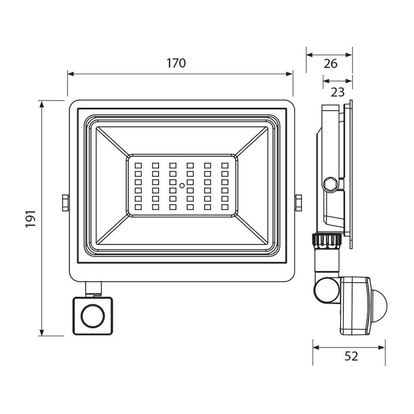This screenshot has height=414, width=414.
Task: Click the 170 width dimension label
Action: coord(177,63)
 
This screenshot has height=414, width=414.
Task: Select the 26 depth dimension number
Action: coord(330,64)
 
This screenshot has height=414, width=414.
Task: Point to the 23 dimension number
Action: coord(337,92)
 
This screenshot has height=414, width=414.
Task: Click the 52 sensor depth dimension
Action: coord(351,356)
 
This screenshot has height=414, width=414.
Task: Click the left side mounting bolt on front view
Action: coord(65,202)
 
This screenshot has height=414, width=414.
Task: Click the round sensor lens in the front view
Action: coord(92,316)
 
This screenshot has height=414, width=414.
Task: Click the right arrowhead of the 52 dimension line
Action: coord(385,348)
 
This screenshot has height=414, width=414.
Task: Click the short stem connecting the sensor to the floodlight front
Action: coord(93,289)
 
